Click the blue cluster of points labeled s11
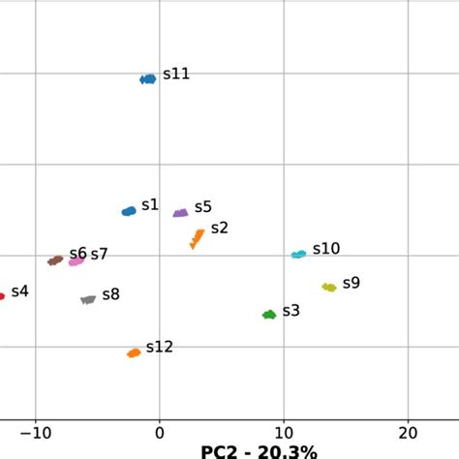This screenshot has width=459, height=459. click(147, 78)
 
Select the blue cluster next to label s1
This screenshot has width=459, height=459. click(129, 211)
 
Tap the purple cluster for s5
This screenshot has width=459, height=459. click(180, 213)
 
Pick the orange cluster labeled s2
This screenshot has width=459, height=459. click(197, 237)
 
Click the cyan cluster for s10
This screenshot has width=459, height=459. click(299, 255)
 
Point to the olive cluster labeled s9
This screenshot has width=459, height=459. click(329, 287)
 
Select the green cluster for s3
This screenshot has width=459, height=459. click(269, 314)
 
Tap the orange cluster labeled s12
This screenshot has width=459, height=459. click(134, 352)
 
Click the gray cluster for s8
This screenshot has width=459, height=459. click(88, 300)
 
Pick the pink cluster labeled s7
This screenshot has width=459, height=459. click(76, 260)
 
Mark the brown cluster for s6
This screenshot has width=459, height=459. click(56, 260)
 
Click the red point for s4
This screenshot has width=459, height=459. click(2, 296)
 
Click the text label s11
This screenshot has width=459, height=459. click(176, 74)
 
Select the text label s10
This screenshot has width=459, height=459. click(325, 249)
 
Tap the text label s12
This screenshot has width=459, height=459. click(160, 347)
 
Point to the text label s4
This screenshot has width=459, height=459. click(19, 291)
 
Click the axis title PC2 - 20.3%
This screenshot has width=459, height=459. click(259, 451)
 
